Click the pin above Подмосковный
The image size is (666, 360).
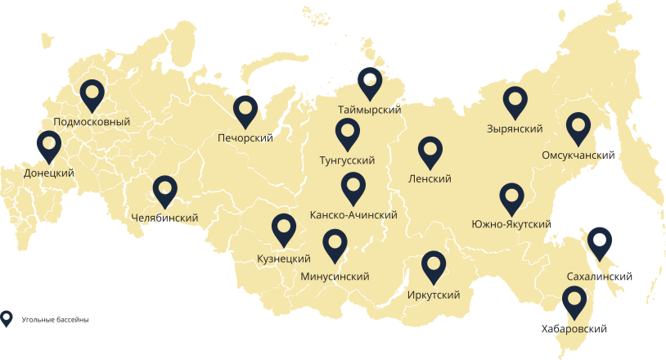coord(92,94)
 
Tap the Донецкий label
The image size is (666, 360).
coord(49,173)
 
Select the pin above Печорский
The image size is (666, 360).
coord(245,110)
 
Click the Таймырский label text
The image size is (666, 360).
coord(369,110)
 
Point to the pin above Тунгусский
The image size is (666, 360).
coord(348,133)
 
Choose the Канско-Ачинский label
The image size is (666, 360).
coord(353,214)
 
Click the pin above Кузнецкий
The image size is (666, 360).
coord(283,228)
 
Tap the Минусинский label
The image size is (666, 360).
coord(335,277)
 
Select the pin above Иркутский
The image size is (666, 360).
coord(434,266)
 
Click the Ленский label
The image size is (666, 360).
coord(430,178)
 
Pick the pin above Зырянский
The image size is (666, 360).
coord(515,101)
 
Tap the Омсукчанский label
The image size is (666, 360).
coord(578,155)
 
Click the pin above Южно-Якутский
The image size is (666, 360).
coord(511,197)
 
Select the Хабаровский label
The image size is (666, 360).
coord(574,329)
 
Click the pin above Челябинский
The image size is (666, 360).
coord(165,191)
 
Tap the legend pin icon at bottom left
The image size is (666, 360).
coord(7,318)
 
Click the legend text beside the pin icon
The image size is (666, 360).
coord(55,319)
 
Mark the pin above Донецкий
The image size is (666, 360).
coord(49,146)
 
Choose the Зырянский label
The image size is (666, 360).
coord(515,128)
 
